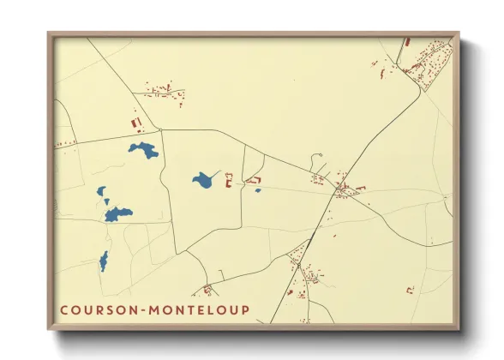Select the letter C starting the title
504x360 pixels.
pyautogui.click(x=64, y=310)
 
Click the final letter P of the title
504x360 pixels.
pyautogui.click(x=245, y=310)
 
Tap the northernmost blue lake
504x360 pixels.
pyautogui.click(x=144, y=151)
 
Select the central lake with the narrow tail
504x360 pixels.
pyautogui.click(x=204, y=180)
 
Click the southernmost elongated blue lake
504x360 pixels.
pyautogui.click(x=104, y=261)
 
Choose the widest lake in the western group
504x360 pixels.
pyautogui.click(x=118, y=213)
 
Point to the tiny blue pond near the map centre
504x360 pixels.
pyautogui.click(x=257, y=190)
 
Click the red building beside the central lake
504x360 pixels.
pyautogui.click(x=229, y=180)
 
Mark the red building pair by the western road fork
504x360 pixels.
pyautogui.click(x=135, y=124)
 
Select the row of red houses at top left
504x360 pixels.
pyautogui.click(x=164, y=89)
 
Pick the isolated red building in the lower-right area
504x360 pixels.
pyautogui.click(x=409, y=290)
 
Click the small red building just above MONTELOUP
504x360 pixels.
pyautogui.click(x=207, y=290)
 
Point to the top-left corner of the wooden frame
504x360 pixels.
pyautogui.click(x=49, y=34)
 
